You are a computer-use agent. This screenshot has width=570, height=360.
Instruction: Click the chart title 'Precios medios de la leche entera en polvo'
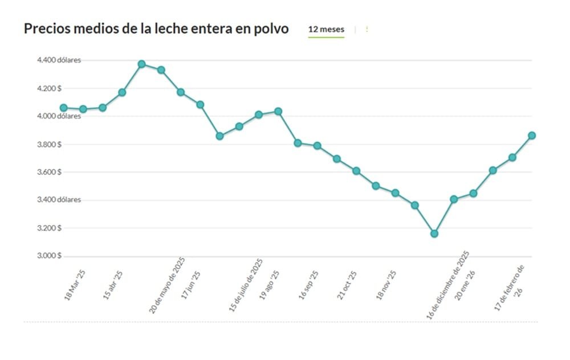coord(156,29)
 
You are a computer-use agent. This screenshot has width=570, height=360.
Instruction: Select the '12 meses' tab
coord(326,29)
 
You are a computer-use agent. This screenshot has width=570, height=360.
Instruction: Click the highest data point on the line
coord(141,64)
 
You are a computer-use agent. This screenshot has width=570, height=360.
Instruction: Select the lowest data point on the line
coord(434,234)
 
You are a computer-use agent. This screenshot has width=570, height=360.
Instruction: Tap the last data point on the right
coord(532,136)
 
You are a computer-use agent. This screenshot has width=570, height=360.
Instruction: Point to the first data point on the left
coord(63,108)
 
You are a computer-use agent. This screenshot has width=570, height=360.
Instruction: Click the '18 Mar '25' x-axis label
coord(75,284)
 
